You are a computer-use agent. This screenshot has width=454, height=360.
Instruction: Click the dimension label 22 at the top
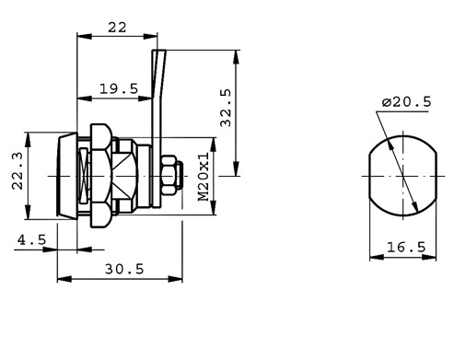pyautogui.click(x=117, y=28)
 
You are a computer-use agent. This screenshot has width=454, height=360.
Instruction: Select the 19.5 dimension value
pyautogui.click(x=119, y=89)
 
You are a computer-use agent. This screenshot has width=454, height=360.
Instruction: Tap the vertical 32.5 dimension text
pyautogui.click(x=226, y=108)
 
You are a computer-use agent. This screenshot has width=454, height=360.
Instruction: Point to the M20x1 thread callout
pyautogui.click(x=204, y=177)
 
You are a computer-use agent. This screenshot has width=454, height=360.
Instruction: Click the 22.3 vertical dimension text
pyautogui.click(x=17, y=171)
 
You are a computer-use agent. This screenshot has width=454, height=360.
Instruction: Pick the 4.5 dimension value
pyautogui.click(x=31, y=239)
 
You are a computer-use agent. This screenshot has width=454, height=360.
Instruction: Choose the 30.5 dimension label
pyautogui.click(x=124, y=269)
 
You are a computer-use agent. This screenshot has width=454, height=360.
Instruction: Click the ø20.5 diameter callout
pyautogui.click(x=407, y=102)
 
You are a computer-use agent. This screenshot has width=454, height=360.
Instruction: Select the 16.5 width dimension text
pyautogui.click(x=406, y=247)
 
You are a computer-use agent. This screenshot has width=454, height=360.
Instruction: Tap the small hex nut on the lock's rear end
pyautogui.click(x=169, y=175)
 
